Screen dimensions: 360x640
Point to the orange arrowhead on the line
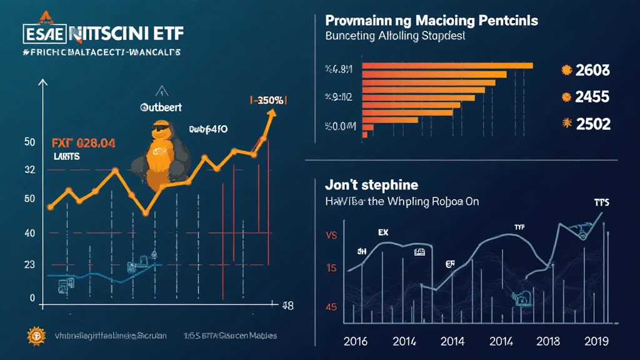[272, 113]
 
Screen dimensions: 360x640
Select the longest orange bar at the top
[447, 66]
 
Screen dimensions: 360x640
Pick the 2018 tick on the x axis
[547, 341]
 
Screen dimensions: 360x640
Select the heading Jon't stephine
[371, 185]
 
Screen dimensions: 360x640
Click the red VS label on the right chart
[331, 236]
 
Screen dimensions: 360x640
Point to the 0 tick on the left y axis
[32, 298]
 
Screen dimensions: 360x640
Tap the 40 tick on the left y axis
[29, 233]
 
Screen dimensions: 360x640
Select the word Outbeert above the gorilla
[161, 107]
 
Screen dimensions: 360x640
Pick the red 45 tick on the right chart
[331, 307]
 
